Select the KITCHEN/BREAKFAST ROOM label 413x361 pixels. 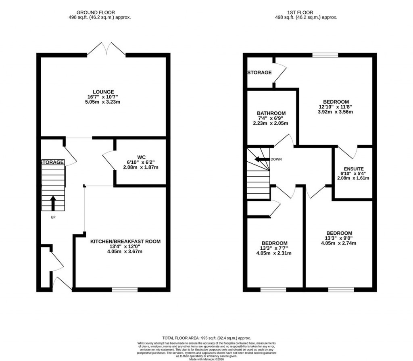coord(125,242)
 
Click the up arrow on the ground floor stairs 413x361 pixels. coord(53,203)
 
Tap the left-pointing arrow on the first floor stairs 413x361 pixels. coord(261,159)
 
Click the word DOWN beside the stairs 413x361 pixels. coord(276,159)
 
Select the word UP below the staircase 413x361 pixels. coord(53,218)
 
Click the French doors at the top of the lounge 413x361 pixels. coord(106,50)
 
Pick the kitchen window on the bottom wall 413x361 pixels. coord(124,289)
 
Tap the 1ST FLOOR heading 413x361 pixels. coord(306,13)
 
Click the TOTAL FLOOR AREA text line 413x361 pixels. coord(206,338)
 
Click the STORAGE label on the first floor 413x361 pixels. coord(259,73)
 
